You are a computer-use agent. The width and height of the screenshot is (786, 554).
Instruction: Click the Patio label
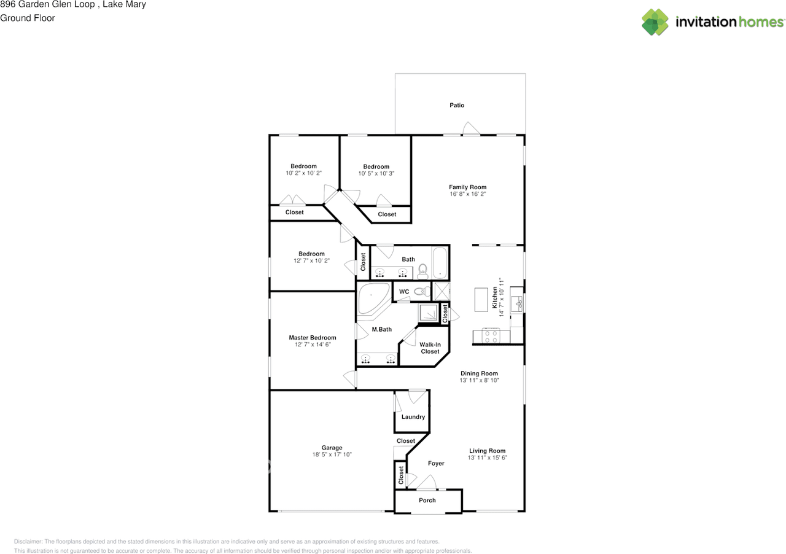[x=457, y=105]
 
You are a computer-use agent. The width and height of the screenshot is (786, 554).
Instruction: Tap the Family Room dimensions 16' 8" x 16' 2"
[x=467, y=194]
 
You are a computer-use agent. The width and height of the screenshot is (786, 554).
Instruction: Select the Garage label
[x=332, y=448]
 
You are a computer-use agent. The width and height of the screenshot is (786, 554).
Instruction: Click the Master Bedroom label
[x=313, y=337]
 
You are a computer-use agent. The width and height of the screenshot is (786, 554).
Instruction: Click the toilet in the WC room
[x=420, y=291]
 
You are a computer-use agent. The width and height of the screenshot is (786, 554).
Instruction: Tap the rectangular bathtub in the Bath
[x=440, y=263]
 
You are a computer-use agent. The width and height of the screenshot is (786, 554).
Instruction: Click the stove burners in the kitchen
[x=491, y=336]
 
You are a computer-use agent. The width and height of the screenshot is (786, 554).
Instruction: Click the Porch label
[x=427, y=500]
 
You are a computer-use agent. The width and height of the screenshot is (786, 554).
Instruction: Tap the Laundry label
[x=413, y=416]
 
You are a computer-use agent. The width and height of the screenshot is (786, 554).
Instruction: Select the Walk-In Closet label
[x=430, y=348]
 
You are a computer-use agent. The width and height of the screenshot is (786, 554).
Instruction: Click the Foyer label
[x=436, y=463]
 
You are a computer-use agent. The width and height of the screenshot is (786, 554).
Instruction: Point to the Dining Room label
[x=479, y=373]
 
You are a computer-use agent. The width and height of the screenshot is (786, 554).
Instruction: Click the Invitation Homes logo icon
[x=655, y=22]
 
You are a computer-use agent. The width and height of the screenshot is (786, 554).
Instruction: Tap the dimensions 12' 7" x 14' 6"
[x=313, y=345]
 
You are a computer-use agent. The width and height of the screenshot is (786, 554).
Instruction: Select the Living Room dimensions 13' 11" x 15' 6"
[x=488, y=458]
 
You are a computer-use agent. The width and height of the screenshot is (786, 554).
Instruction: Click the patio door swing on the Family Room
[x=471, y=128]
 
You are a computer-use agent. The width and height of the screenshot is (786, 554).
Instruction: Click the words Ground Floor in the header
[x=28, y=18]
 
